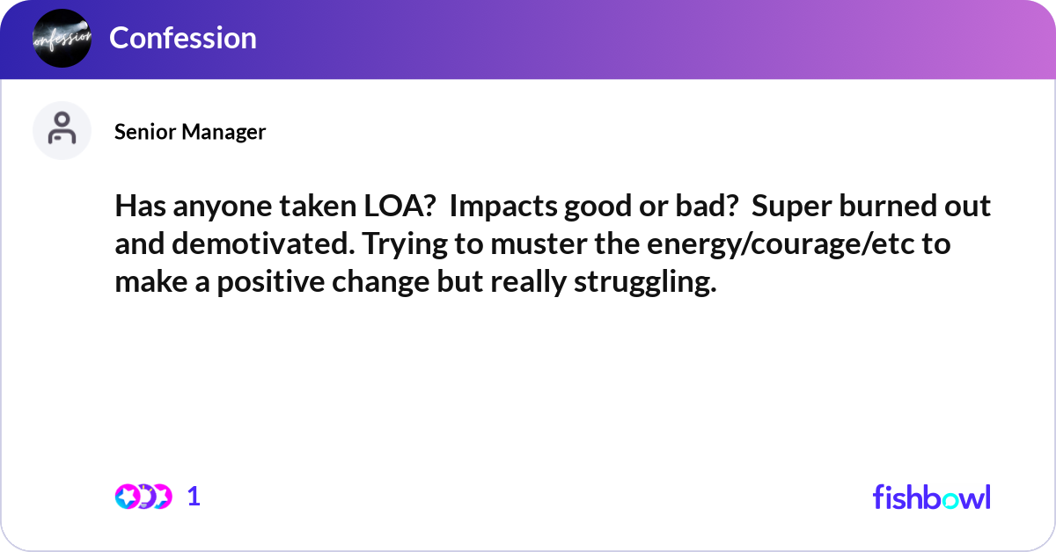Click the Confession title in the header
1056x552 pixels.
(x=183, y=38)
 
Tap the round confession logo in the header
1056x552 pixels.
(x=62, y=38)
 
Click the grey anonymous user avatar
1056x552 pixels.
(x=62, y=130)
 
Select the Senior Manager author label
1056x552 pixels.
(x=190, y=132)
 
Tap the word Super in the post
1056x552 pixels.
(x=791, y=207)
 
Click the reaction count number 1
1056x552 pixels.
(x=194, y=497)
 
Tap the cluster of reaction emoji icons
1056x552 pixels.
(x=143, y=497)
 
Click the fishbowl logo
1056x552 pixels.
(x=931, y=497)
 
